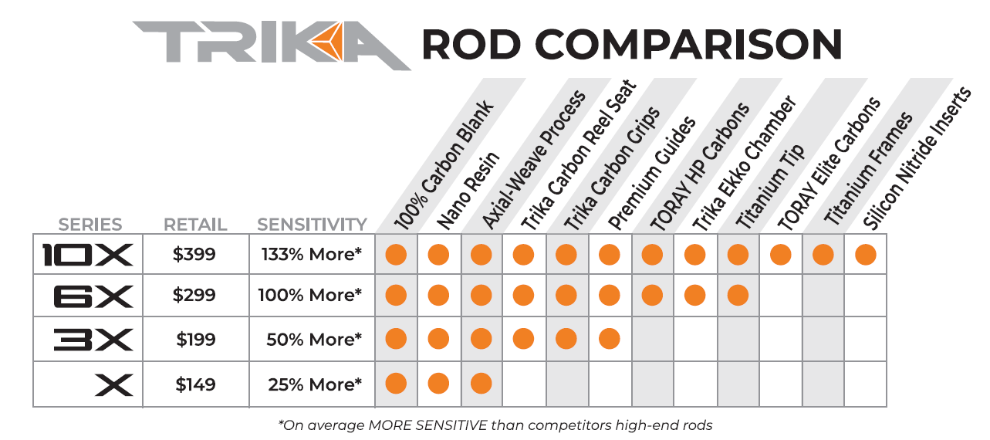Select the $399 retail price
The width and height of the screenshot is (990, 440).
(x=194, y=255)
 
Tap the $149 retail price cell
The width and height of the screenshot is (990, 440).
(x=194, y=384)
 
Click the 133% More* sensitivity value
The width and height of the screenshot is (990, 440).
(x=312, y=255)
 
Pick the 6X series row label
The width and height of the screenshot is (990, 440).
(x=93, y=296)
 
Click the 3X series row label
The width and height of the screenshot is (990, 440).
(x=93, y=340)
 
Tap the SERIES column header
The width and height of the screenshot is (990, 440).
(x=90, y=225)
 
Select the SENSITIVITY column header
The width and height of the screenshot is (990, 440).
(x=312, y=225)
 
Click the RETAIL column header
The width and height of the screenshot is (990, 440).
(x=195, y=225)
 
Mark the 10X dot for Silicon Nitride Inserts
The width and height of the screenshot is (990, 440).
(x=865, y=255)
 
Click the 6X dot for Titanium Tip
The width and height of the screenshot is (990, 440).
(x=738, y=295)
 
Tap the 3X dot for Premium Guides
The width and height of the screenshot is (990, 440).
(x=610, y=339)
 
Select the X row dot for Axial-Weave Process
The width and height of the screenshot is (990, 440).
(x=481, y=383)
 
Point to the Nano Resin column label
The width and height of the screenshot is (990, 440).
(x=468, y=190)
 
